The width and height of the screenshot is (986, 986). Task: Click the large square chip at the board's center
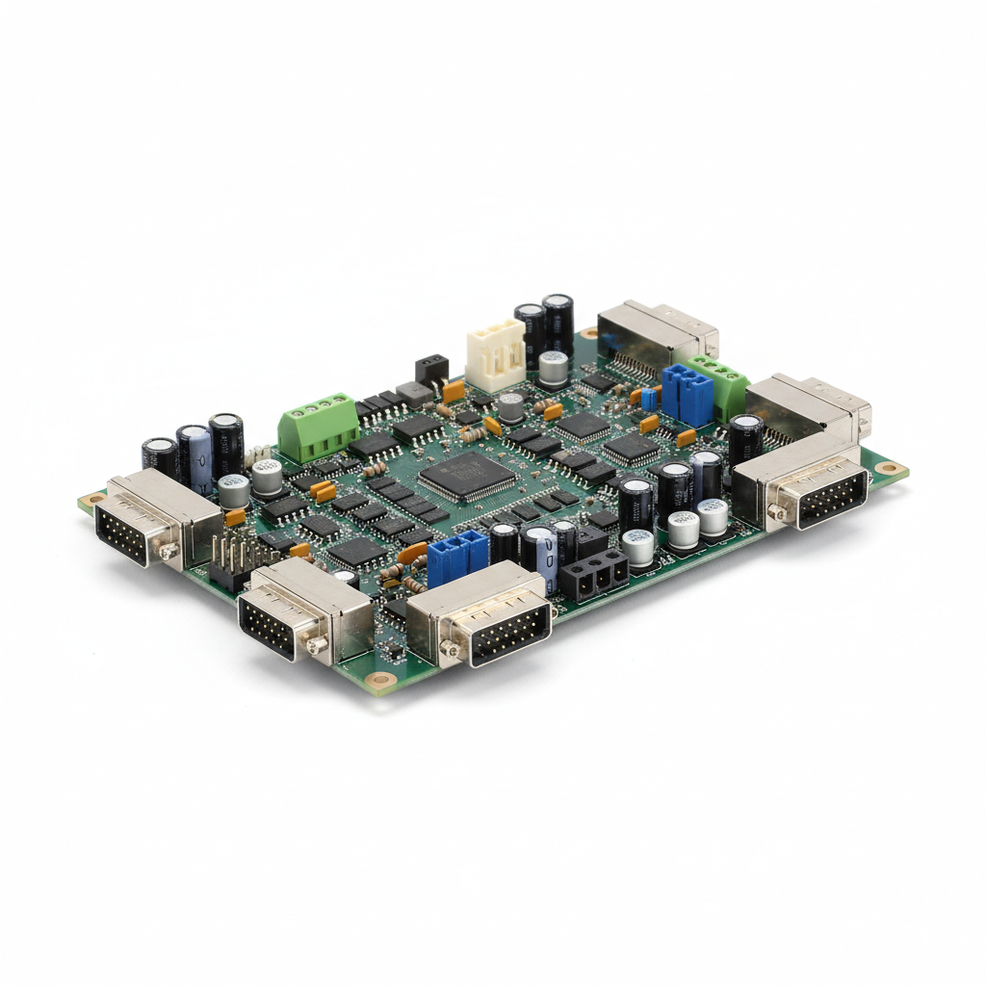click(468, 475)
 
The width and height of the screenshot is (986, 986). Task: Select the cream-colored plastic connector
click(496, 354)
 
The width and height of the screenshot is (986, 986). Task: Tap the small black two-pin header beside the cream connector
click(431, 369)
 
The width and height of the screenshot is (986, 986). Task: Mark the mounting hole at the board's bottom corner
click(382, 680)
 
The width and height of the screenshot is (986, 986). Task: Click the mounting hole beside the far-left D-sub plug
click(92, 500)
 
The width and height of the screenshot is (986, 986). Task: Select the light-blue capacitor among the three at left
click(198, 460)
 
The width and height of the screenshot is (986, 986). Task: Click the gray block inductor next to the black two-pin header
click(414, 394)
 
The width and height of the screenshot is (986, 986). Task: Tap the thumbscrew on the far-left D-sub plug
click(169, 551)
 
